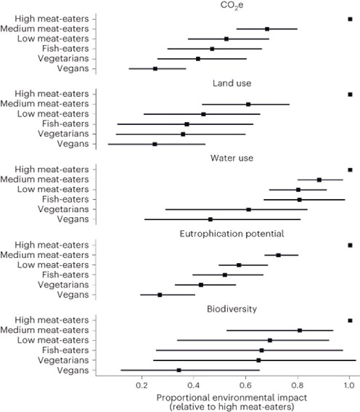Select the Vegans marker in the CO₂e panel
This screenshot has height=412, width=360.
(155, 69)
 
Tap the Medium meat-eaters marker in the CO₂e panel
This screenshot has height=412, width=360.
(267, 29)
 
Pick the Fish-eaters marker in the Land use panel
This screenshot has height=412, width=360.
(187, 124)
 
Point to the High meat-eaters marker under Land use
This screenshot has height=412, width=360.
(350, 95)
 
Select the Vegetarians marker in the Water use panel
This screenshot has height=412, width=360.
(248, 210)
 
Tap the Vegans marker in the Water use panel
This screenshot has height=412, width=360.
(210, 219)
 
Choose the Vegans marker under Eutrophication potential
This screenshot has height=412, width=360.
(159, 295)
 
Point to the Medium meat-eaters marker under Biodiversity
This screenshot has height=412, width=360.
(299, 330)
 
